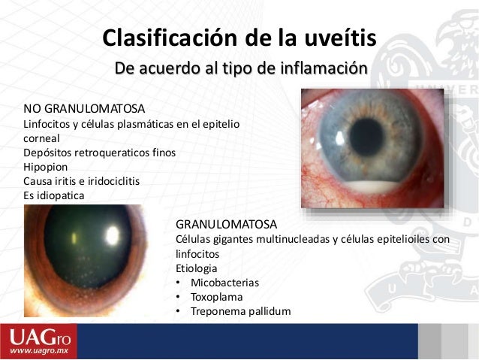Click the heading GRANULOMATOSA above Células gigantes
[x=226, y=224]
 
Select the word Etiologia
[x=197, y=268]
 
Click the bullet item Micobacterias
[x=224, y=283]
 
